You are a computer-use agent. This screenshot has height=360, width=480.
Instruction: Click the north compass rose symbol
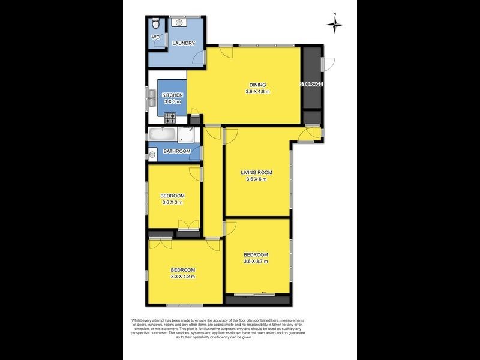click(x=335, y=24)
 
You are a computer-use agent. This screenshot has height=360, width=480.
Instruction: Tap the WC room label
click(x=156, y=37)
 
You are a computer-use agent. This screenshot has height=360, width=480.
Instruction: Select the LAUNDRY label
click(x=184, y=43)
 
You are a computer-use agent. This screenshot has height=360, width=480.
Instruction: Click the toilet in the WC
click(x=156, y=22)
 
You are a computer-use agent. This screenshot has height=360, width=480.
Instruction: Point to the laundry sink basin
click(x=179, y=22)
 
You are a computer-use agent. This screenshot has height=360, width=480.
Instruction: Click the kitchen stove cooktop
click(x=170, y=118)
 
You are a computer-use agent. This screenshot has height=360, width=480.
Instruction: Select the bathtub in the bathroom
click(x=162, y=134)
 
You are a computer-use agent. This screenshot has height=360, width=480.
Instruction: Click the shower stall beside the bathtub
click(x=186, y=135)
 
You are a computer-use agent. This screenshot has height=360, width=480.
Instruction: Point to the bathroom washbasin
click(x=152, y=154)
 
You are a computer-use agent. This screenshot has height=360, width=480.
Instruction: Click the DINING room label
click(x=257, y=85)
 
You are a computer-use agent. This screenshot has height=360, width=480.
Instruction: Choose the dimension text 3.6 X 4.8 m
click(x=257, y=91)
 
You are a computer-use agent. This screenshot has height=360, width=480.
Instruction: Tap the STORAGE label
click(x=311, y=84)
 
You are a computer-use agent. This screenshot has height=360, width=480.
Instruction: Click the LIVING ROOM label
click(x=256, y=172)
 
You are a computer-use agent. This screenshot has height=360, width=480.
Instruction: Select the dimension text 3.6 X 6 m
click(x=256, y=179)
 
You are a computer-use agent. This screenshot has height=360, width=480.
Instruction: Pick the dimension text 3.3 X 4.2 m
click(x=183, y=277)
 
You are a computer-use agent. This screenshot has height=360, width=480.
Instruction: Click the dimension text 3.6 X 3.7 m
click(x=256, y=261)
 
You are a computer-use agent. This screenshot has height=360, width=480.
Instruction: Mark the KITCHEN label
click(x=172, y=95)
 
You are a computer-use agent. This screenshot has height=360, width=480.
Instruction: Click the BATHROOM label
click(x=176, y=151)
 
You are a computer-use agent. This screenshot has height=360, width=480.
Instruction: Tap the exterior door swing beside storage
click(x=328, y=64)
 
